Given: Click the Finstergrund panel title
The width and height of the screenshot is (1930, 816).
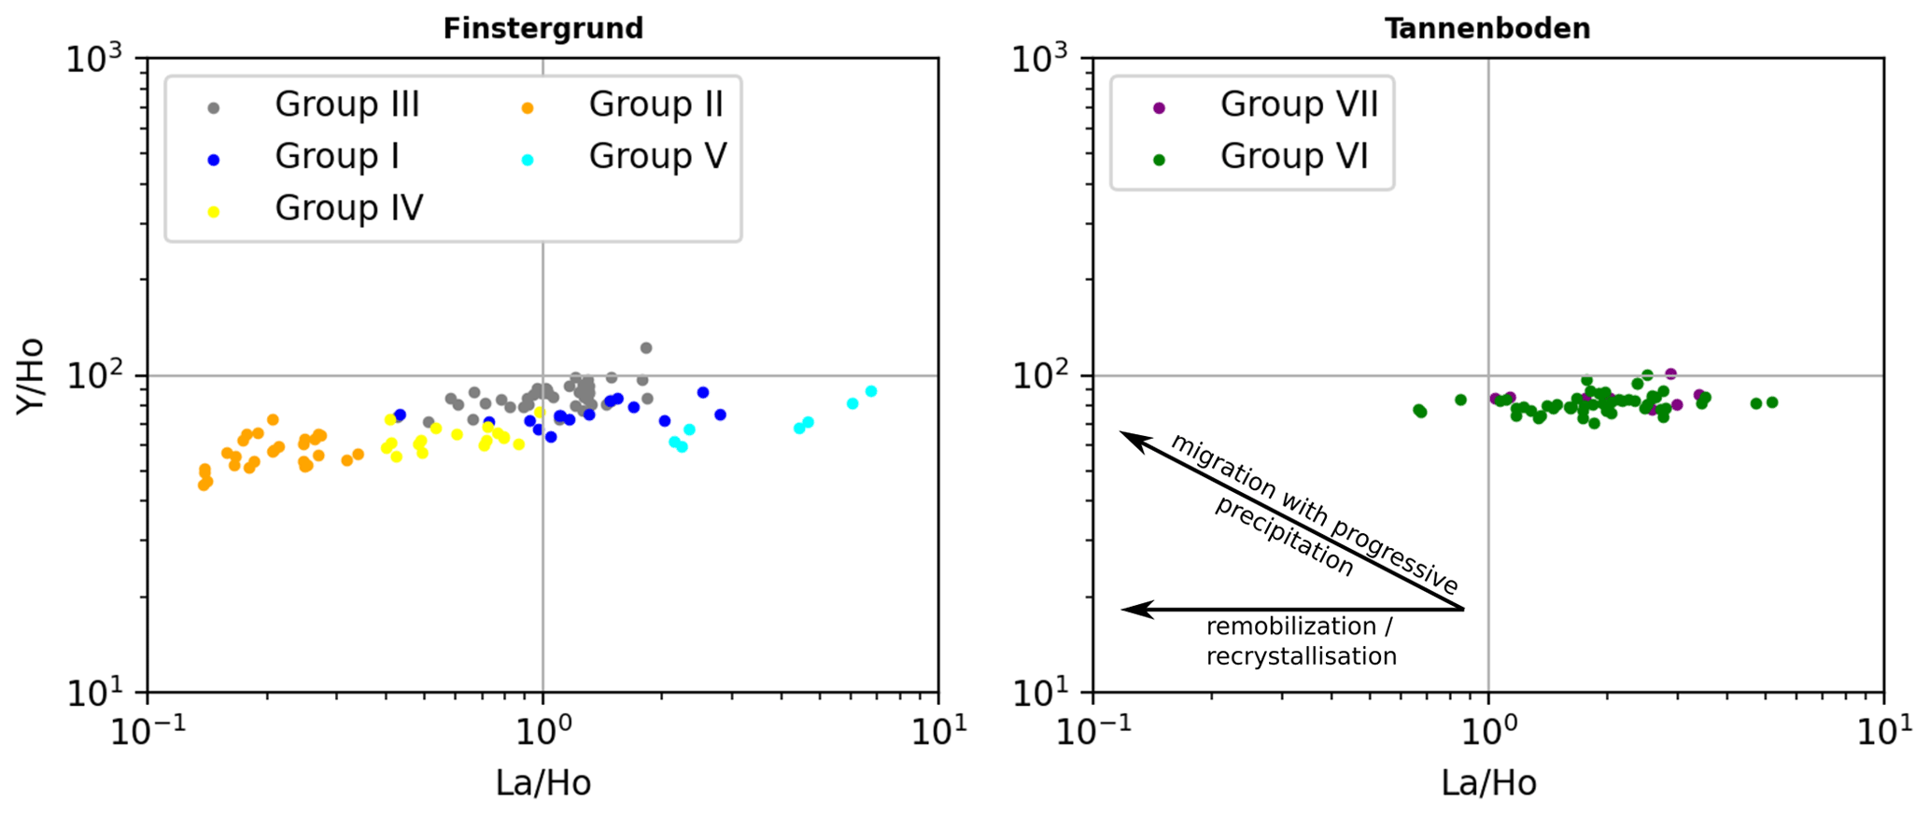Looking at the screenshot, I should tap(542, 29).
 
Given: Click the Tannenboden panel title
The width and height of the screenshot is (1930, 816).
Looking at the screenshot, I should tap(1486, 29).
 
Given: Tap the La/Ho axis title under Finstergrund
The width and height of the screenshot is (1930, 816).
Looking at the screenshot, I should tap(542, 783).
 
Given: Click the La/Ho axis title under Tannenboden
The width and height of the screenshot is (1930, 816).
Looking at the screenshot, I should tap(1488, 783).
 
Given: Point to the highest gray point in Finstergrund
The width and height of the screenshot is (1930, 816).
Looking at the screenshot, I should tap(645, 348).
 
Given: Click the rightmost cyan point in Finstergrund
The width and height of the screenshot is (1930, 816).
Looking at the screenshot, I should tap(871, 391).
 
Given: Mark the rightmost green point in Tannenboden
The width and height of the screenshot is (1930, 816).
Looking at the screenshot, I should tap(1772, 402).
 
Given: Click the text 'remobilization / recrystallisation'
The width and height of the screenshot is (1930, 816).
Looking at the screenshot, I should tap(1301, 641).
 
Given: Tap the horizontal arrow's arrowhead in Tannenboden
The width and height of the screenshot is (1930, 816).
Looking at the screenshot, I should tap(1128, 610).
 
